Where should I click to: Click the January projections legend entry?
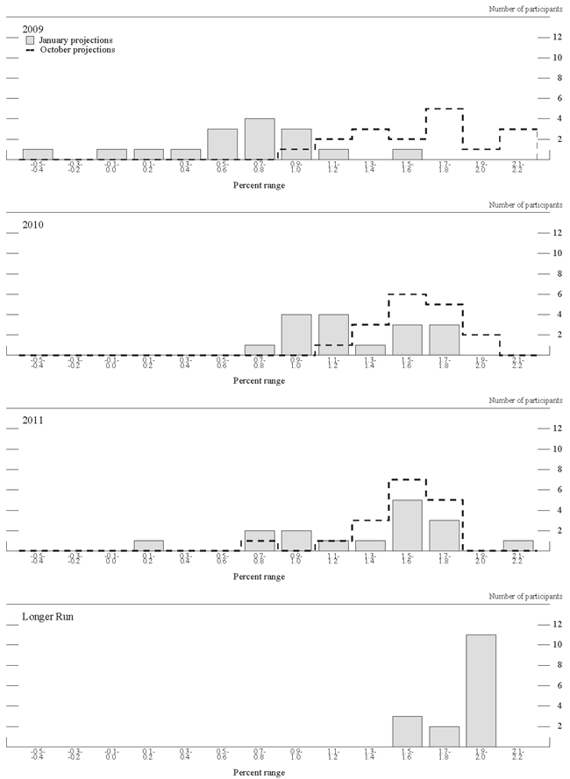[x=75, y=40]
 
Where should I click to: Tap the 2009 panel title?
[x=33, y=29]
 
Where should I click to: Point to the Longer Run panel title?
[x=49, y=617]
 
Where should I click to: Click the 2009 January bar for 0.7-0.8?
[x=260, y=139]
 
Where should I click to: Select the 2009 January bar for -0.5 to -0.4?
[x=38, y=154]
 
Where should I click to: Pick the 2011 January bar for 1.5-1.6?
[x=407, y=525]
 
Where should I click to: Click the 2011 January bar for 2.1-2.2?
[x=517, y=545]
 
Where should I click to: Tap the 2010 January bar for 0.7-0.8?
[x=260, y=350]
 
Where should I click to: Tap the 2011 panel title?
[x=33, y=421]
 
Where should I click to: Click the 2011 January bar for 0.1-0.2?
[x=148, y=545]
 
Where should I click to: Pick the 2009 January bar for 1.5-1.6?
[x=407, y=154]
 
